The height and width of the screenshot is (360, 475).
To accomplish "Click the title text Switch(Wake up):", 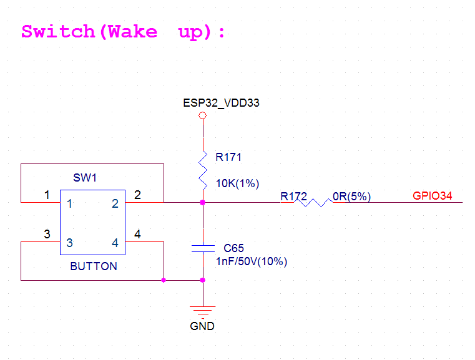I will [x=123, y=32].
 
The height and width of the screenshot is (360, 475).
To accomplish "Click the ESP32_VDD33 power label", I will [x=221, y=103].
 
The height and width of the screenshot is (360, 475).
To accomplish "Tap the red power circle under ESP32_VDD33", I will [x=202, y=116].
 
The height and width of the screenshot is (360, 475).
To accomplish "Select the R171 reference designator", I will [x=228, y=158].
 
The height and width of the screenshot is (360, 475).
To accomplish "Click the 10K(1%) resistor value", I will [x=237, y=183].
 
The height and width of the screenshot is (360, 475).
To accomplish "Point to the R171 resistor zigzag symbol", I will [x=203, y=168].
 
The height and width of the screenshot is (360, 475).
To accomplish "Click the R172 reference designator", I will [x=293, y=197].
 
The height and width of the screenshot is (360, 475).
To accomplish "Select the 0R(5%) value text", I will [x=352, y=197].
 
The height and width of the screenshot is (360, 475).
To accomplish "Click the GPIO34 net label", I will [x=432, y=196].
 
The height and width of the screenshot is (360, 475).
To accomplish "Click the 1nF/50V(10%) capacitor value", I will [x=250, y=261].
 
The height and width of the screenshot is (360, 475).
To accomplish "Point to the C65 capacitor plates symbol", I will [x=203, y=248].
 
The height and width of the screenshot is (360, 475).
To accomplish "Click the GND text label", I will [x=202, y=326].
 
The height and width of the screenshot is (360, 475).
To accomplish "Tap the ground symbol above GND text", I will [x=203, y=311].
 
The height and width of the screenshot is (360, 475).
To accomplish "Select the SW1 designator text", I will [x=86, y=178].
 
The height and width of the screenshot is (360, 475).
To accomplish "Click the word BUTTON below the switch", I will [x=94, y=266].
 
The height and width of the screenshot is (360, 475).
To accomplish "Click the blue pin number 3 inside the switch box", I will [x=70, y=243].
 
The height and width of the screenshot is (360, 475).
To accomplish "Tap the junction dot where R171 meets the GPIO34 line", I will [x=203, y=202].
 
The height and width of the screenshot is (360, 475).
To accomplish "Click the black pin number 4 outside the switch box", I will [x=137, y=235].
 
